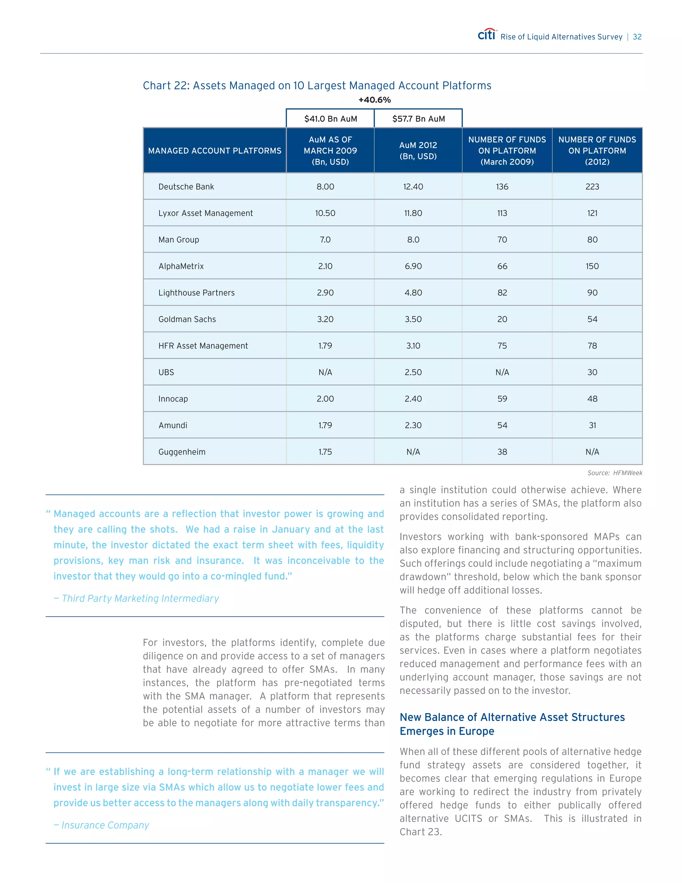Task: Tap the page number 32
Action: pos(637,37)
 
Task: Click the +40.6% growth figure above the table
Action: pos(375,100)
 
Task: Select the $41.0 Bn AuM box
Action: pos(330,119)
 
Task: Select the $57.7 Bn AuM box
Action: pos(419,119)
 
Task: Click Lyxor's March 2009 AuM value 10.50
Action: pos(325,213)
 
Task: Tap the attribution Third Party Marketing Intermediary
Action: pos(140,598)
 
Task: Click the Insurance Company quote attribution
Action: pos(105,825)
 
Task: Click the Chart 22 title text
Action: pos(317,86)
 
